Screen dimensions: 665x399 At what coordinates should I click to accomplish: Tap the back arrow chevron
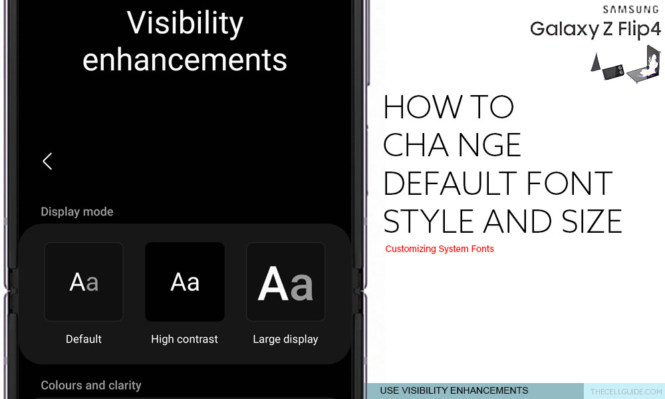47,161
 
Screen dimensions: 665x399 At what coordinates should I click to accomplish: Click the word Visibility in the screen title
185,24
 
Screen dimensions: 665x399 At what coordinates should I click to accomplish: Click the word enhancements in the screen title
184,60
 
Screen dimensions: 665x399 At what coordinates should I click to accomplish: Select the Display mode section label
76,211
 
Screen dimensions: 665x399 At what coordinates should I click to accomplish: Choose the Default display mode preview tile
84,282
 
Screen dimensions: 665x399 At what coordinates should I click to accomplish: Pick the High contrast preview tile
184,282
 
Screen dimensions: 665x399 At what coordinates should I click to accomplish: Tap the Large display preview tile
285,282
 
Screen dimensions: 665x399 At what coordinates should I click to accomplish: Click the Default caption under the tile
84,338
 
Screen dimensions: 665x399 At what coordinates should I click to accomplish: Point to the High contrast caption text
184,339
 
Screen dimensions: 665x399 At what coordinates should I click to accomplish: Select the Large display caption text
285,339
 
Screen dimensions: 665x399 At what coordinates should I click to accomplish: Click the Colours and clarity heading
90,385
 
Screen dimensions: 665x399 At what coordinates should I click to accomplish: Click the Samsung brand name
631,9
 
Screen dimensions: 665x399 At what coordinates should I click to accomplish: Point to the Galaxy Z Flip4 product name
595,29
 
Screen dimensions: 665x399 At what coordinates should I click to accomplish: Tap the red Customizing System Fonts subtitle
440,249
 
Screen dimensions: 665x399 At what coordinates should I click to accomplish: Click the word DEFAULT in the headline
450,183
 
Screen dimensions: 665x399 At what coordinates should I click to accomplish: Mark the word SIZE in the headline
592,221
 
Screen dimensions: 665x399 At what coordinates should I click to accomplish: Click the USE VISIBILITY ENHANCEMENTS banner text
454,390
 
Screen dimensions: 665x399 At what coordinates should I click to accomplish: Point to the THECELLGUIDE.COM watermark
626,392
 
